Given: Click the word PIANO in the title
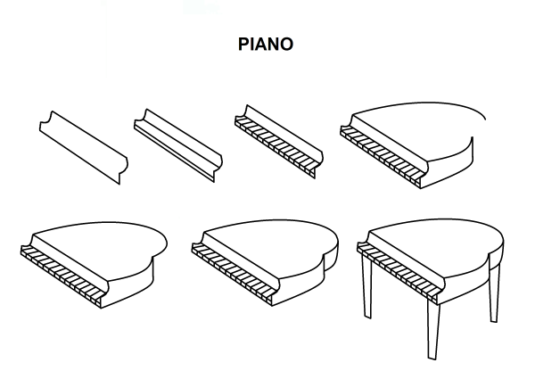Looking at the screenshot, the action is (x=266, y=45).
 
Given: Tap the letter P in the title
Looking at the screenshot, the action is (x=243, y=45).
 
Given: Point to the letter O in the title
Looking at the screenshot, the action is (x=286, y=45).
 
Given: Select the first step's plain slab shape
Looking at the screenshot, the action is (x=84, y=147).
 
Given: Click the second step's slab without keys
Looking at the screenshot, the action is (x=178, y=145).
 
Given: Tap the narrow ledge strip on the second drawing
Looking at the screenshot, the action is (x=174, y=151).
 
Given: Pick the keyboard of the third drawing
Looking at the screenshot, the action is (x=275, y=147).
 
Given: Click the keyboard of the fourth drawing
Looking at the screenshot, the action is (x=381, y=156).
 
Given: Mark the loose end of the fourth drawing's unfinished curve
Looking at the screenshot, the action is (x=486, y=120).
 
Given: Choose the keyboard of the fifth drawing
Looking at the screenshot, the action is (x=62, y=276).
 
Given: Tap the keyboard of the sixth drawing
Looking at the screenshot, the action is (x=233, y=274).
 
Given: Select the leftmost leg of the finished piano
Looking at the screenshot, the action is (x=366, y=286).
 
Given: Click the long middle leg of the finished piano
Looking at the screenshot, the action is (x=432, y=329).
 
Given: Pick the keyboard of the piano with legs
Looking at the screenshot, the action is (x=398, y=273).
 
